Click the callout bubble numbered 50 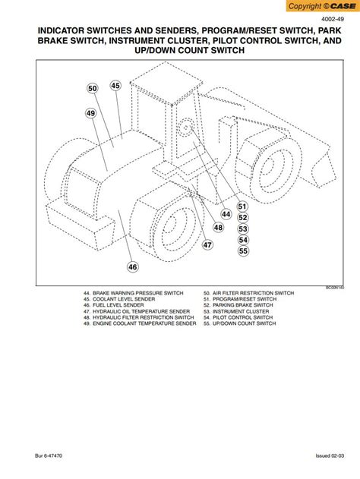[93, 89]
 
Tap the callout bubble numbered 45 [115, 86]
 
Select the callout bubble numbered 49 [90, 114]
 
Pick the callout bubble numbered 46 [133, 266]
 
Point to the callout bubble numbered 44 [226, 214]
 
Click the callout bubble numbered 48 [218, 228]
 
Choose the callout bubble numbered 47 [207, 244]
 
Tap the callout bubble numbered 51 [243, 206]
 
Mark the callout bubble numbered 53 [243, 228]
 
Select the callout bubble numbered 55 [243, 251]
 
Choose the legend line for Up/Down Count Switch [244, 323]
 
